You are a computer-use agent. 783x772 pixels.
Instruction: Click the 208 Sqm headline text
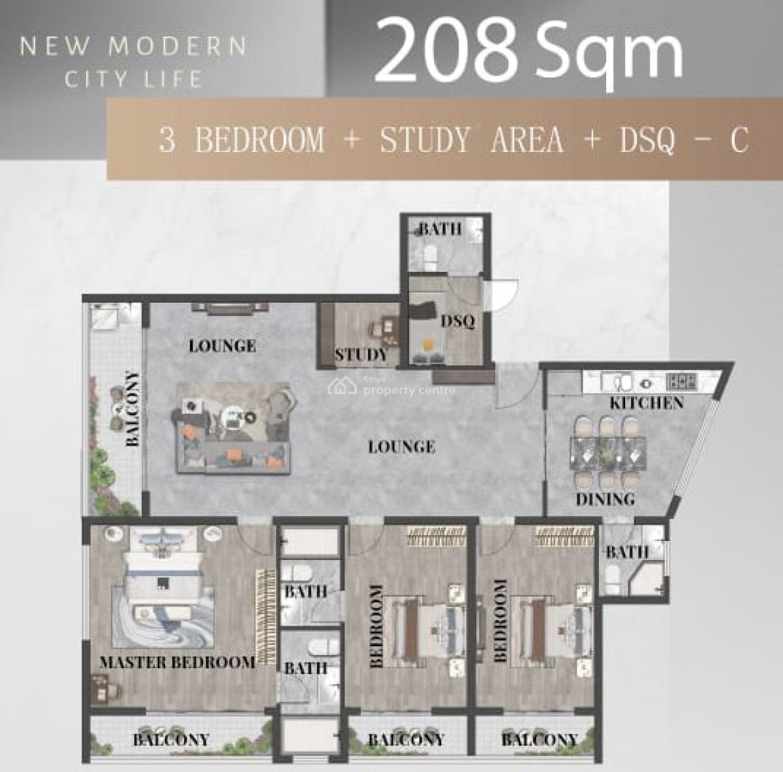click(x=529, y=51)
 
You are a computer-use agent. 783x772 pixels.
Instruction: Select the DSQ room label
click(x=458, y=322)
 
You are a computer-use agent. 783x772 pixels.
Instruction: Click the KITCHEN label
click(x=647, y=403)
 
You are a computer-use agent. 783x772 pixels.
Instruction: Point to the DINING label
click(x=605, y=499)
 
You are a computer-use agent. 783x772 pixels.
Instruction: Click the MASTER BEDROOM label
click(x=177, y=662)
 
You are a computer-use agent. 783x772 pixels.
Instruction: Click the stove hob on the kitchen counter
click(x=681, y=382)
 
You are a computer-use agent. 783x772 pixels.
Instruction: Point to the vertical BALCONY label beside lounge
click(x=133, y=409)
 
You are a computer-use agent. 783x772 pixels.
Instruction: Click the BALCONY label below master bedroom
click(x=171, y=739)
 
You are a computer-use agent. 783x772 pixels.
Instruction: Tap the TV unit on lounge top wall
click(x=230, y=308)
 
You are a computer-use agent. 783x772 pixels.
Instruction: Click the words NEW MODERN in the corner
click(x=133, y=46)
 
